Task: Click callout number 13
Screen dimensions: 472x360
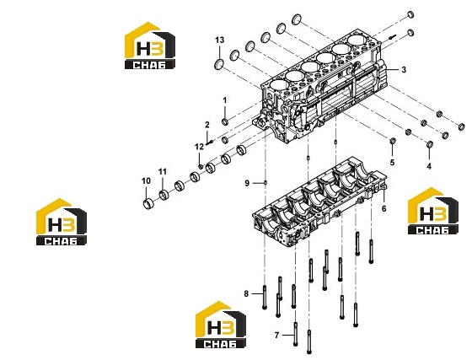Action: point(220,40)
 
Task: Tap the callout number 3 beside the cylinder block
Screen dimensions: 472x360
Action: point(404,69)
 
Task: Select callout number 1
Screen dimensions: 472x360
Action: point(224,100)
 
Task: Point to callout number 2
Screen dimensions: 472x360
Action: point(207,125)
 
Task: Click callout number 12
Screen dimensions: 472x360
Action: point(199,147)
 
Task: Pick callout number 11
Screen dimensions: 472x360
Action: point(163,172)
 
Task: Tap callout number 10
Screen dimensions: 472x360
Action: point(146,181)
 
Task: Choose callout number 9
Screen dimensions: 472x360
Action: point(247,183)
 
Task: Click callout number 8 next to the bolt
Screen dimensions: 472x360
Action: point(246,293)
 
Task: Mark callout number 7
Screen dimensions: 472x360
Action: point(277,335)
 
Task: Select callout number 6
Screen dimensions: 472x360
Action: point(383,208)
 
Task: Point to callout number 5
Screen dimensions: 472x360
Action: point(392,163)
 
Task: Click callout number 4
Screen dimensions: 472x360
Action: point(429,166)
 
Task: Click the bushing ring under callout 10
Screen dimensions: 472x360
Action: point(148,204)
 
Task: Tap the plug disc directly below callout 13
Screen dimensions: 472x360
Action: point(219,64)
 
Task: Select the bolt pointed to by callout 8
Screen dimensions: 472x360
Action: point(265,298)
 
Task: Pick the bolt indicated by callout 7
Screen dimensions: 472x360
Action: point(296,334)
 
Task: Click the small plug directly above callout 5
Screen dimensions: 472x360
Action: point(393,141)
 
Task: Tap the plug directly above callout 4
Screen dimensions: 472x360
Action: point(430,144)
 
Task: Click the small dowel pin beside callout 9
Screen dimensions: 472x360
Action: point(265,182)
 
